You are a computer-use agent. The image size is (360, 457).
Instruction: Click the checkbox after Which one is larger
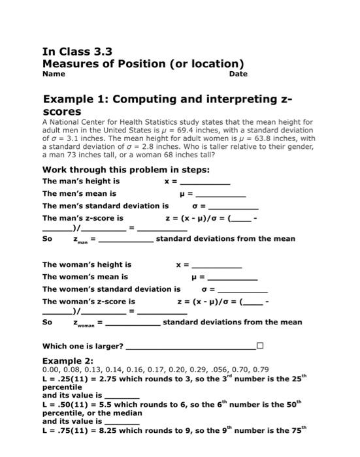(x=260, y=345)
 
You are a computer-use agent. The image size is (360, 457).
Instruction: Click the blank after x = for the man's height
(x=205, y=181)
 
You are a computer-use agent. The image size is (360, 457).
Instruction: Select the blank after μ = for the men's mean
(x=221, y=194)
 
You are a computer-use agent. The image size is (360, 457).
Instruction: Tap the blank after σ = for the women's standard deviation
(x=242, y=289)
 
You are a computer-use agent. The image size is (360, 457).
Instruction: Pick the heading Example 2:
(x=68, y=360)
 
